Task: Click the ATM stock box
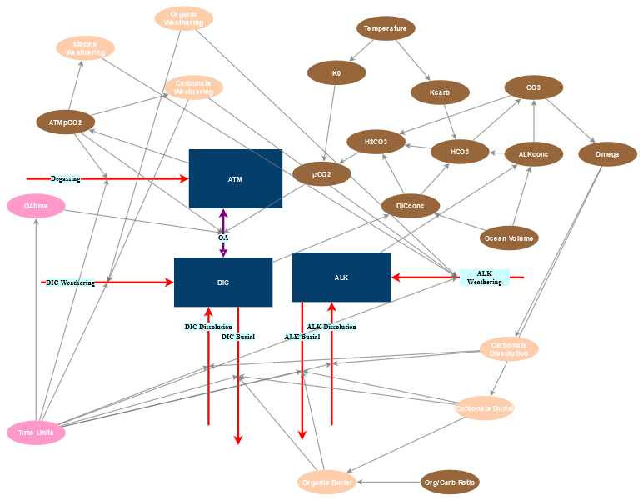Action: [x=235, y=178]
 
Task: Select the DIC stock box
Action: [x=222, y=282]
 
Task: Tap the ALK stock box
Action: [x=341, y=277]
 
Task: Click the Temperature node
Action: [x=386, y=28]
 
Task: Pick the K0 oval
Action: [x=336, y=73]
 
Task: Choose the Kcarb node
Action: [x=440, y=92]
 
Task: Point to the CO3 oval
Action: [x=533, y=87]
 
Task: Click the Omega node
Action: [x=607, y=154]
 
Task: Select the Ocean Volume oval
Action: [x=509, y=238]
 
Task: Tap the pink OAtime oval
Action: [x=36, y=205]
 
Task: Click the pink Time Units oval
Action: [x=36, y=432]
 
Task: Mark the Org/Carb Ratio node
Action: [x=450, y=482]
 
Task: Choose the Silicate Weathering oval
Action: [x=85, y=47]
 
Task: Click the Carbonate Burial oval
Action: [x=484, y=408]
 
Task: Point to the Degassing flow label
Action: [x=66, y=178]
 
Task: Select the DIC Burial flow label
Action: [x=237, y=337]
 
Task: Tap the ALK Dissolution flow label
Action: [x=331, y=327]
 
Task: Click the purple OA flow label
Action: [x=223, y=237]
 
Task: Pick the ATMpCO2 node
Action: [x=65, y=122]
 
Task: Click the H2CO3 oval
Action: [x=376, y=142]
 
